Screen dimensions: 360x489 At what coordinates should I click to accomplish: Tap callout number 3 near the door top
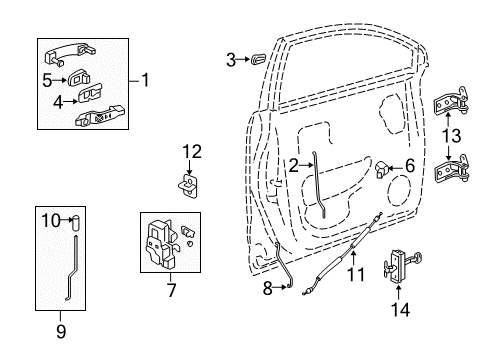pyautogui.click(x=231, y=60)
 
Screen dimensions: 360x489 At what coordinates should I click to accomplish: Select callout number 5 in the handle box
pyautogui.click(x=47, y=76)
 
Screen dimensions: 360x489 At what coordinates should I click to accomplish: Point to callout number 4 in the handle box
pyautogui.click(x=58, y=100)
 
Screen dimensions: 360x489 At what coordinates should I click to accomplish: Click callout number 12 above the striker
pyautogui.click(x=192, y=152)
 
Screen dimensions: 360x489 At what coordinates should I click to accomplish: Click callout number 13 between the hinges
pyautogui.click(x=453, y=137)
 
